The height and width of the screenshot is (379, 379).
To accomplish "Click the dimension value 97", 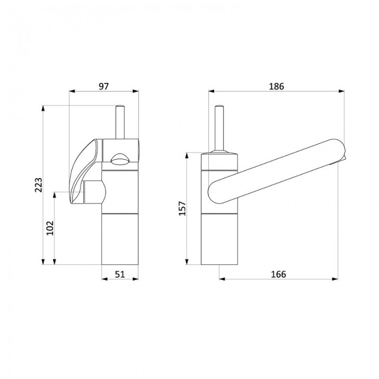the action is pyautogui.click(x=104, y=86).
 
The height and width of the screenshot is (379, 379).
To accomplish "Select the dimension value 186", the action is pyautogui.click(x=277, y=86).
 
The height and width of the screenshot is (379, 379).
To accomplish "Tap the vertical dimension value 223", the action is pyautogui.click(x=38, y=185).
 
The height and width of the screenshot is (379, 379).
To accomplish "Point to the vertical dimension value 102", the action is pyautogui.click(x=50, y=228).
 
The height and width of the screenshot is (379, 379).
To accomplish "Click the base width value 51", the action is pyautogui.click(x=120, y=275).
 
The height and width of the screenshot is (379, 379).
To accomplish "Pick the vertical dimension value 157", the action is pyautogui.click(x=182, y=208).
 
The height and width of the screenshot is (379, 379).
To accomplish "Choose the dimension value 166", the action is pyautogui.click(x=278, y=275).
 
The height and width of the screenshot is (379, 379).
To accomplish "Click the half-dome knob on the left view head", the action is pyautogui.click(x=120, y=159).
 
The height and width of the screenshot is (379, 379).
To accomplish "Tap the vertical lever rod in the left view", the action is pyautogui.click(x=120, y=122).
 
